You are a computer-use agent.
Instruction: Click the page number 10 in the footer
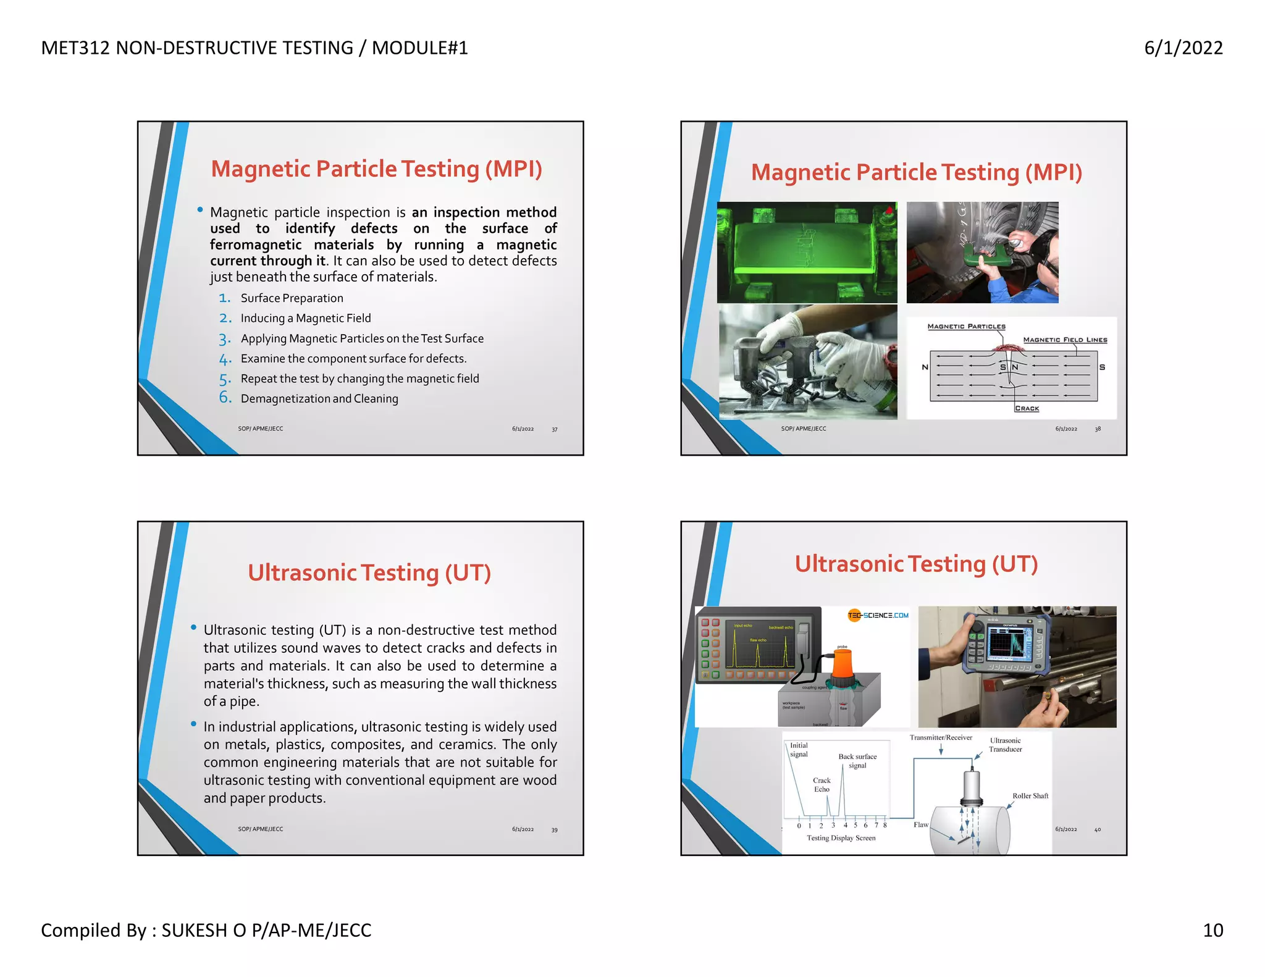[x=1212, y=930]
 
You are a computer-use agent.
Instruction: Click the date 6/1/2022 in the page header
[x=1183, y=48]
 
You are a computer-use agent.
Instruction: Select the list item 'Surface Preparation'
[x=292, y=298]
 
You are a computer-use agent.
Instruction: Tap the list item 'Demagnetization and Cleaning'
[x=319, y=399]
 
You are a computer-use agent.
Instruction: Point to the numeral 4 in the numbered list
[x=225, y=359]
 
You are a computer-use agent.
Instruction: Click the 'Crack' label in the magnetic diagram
[x=1027, y=408]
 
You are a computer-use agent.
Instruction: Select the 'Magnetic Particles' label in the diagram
[x=966, y=327]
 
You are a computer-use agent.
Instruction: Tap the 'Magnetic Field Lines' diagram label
[x=1065, y=340]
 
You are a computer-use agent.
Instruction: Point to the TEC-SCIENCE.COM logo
[x=878, y=615]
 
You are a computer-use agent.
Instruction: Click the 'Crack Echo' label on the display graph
[x=822, y=785]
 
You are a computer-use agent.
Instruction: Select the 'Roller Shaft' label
[x=1030, y=796]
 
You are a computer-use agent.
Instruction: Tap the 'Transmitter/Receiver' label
[x=941, y=737]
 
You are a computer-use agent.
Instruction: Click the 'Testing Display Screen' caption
[x=841, y=838]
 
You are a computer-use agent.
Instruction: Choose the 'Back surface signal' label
[x=857, y=761]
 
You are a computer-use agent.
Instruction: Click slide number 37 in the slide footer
[x=555, y=429]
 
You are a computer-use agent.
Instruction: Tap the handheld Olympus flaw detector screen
[x=1009, y=644]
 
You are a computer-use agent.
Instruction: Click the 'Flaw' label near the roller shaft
[x=920, y=824]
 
